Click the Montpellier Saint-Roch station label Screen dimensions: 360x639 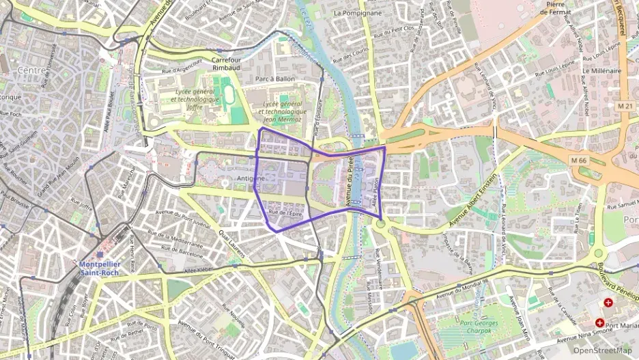point(100,268)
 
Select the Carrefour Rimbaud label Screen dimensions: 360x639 point(227,63)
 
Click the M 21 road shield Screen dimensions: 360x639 point(625,106)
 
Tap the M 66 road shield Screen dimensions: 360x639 point(579,161)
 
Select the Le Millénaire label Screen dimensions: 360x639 point(601,70)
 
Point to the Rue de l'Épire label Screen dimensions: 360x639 point(285,213)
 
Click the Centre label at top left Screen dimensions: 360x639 point(31,70)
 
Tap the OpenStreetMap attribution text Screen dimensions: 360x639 point(602,350)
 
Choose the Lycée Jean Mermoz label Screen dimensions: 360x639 point(283,111)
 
